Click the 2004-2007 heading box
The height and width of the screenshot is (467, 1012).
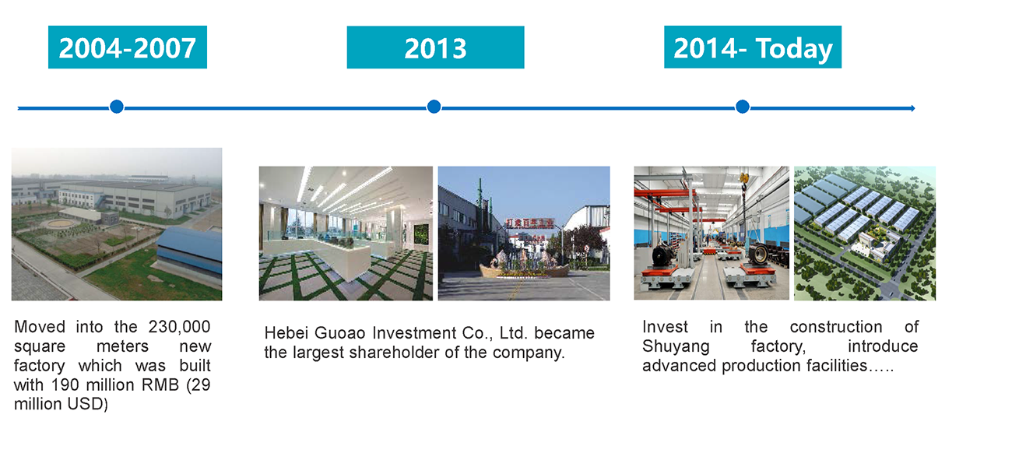pyautogui.click(x=128, y=47)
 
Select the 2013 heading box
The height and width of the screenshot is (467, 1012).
pyautogui.click(x=435, y=47)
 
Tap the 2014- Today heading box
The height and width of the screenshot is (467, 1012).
pyautogui.click(x=753, y=47)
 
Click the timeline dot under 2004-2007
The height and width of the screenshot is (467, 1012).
pyautogui.click(x=117, y=107)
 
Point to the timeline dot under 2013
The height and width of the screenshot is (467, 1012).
pyautogui.click(x=434, y=107)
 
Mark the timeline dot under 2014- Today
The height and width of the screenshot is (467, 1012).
pyautogui.click(x=743, y=107)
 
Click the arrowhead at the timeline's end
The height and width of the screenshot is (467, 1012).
pyautogui.click(x=912, y=108)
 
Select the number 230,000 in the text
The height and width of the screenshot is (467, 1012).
pyautogui.click(x=179, y=327)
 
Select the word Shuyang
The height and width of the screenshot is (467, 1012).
pyautogui.click(x=676, y=347)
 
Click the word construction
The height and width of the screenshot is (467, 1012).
pyautogui.click(x=836, y=327)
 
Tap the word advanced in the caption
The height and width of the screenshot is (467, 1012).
pyautogui.click(x=680, y=366)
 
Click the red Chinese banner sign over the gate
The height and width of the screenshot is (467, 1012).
pyautogui.click(x=529, y=223)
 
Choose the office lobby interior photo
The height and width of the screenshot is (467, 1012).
pyautogui.click(x=346, y=233)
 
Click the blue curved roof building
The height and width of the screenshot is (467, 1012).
pyautogui.click(x=190, y=255)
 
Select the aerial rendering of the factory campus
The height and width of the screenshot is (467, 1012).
pyautogui.click(x=865, y=233)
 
